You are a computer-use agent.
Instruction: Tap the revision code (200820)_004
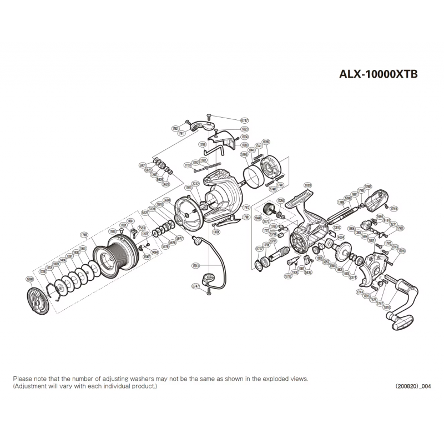pos(413,386)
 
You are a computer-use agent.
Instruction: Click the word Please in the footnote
pos(23,378)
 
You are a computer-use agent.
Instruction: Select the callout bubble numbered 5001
pos(143,165)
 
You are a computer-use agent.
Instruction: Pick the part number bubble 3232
pos(195,183)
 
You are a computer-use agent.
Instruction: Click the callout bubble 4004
pos(341,236)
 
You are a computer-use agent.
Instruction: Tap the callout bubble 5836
pos(308,272)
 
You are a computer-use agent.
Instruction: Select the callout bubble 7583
pos(142,228)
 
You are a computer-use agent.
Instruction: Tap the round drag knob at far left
pos(38,303)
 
